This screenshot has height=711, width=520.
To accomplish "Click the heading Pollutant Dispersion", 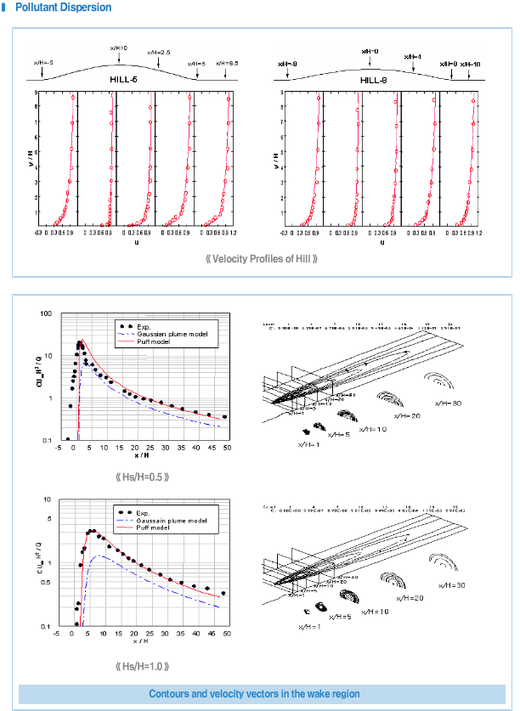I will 63,8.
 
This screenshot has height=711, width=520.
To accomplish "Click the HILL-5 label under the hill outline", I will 123,79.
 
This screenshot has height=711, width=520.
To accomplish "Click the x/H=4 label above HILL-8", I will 413,58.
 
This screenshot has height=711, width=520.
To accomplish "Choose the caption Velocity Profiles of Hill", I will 262,257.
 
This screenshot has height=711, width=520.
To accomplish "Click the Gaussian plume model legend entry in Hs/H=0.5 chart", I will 170,333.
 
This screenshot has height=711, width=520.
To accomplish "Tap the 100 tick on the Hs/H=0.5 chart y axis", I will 46,313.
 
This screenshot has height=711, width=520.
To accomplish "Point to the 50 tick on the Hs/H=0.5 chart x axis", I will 225,448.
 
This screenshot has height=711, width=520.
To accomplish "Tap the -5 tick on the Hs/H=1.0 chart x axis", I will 56,634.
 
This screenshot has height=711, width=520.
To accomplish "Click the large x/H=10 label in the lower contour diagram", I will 375,611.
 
